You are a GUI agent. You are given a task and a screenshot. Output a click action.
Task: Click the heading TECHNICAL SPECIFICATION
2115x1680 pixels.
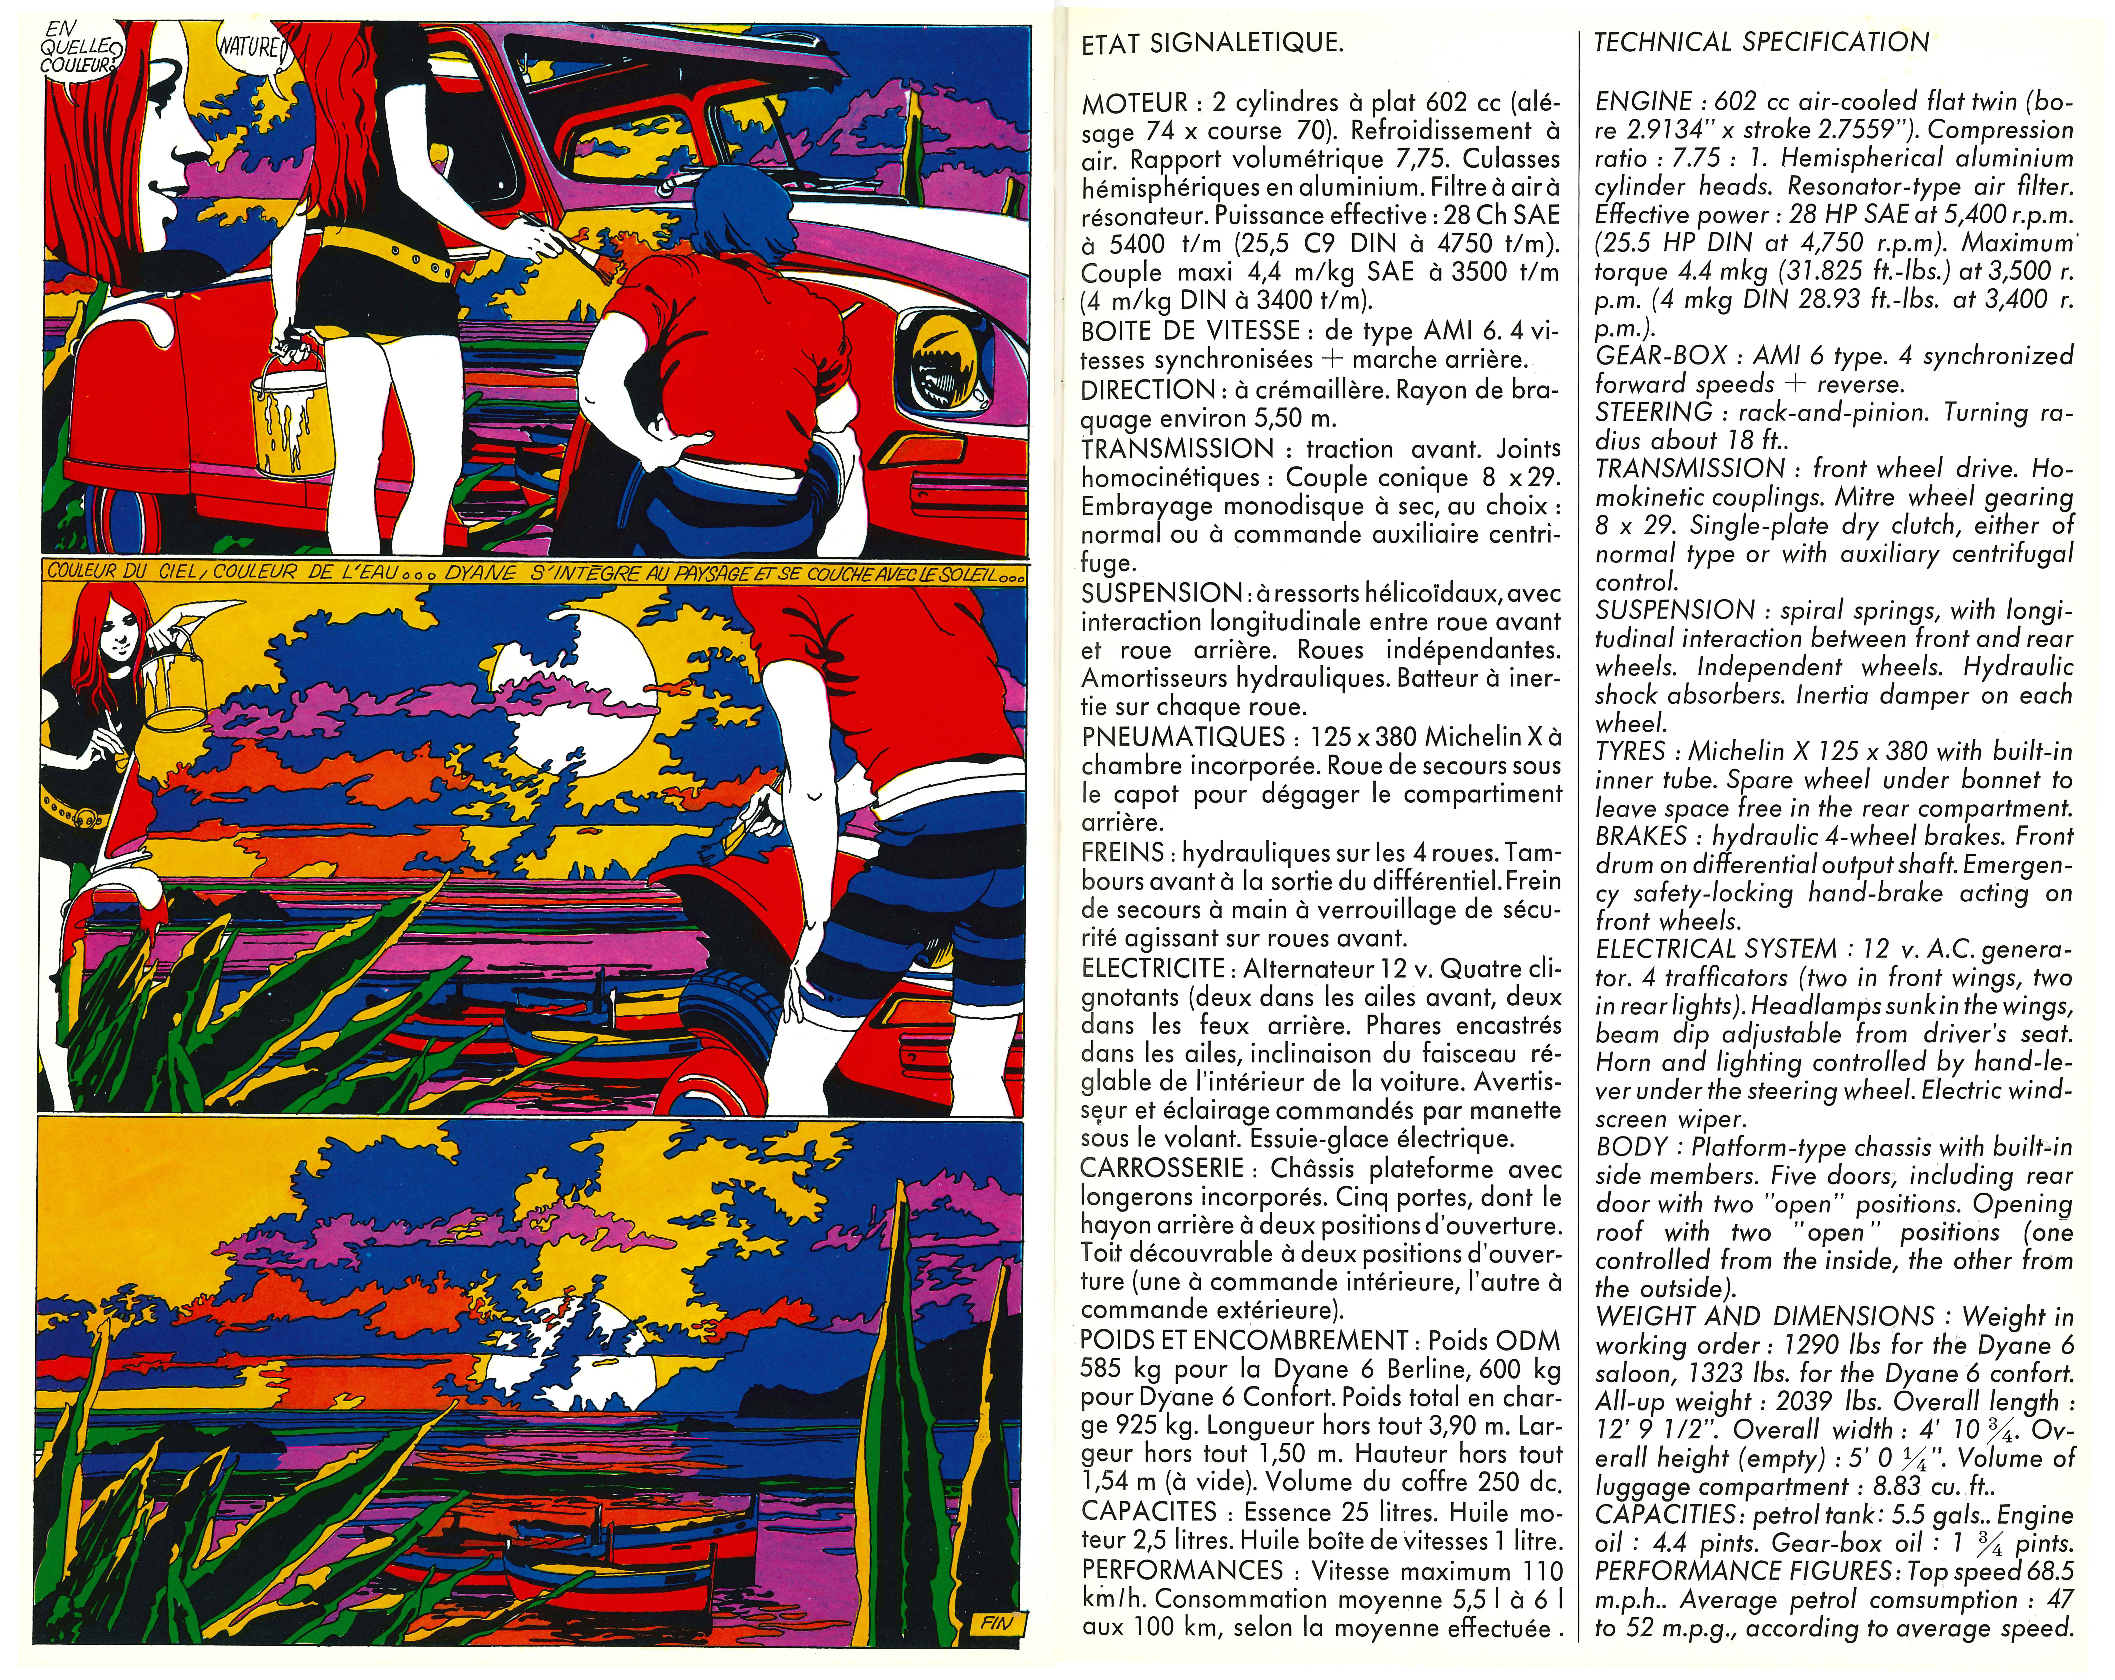tap(1761, 42)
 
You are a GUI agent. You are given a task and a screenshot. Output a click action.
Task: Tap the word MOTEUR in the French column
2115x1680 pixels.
tap(1135, 103)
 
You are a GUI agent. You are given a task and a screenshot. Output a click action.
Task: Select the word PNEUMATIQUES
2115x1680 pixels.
tap(1181, 737)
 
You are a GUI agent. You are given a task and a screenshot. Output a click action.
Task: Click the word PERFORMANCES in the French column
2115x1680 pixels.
tap(1181, 1570)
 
